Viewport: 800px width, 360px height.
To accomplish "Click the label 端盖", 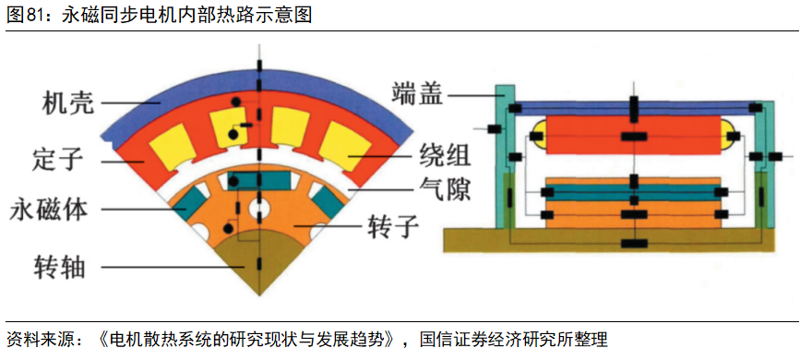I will [418, 93].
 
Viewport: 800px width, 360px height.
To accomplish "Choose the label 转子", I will [394, 224].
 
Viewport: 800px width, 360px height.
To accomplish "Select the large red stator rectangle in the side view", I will [633, 136].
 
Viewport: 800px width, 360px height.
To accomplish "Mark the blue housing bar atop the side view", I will [633, 107].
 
